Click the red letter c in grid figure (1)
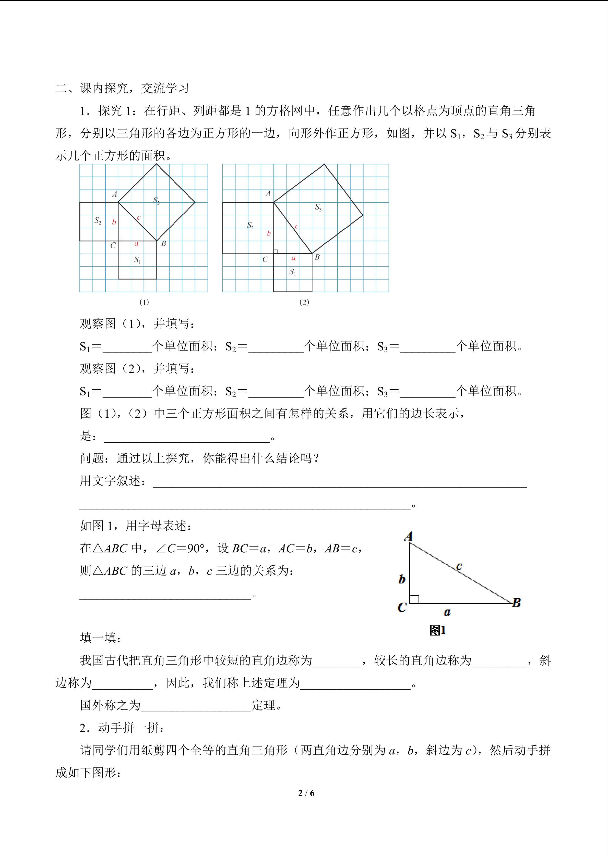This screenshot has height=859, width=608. pyautogui.click(x=138, y=217)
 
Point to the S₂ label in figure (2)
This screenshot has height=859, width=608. pyautogui.click(x=250, y=226)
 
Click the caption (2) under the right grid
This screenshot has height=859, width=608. pyautogui.click(x=304, y=302)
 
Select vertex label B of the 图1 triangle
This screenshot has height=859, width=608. pyautogui.click(x=516, y=603)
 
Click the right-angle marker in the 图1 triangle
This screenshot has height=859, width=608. pyautogui.click(x=414, y=599)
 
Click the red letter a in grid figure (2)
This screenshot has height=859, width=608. pyautogui.click(x=293, y=258)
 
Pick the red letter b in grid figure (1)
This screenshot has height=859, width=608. pyautogui.click(x=114, y=222)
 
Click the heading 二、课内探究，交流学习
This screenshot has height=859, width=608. pyautogui.click(x=122, y=88)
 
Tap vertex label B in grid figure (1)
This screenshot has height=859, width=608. pyautogui.click(x=164, y=244)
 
